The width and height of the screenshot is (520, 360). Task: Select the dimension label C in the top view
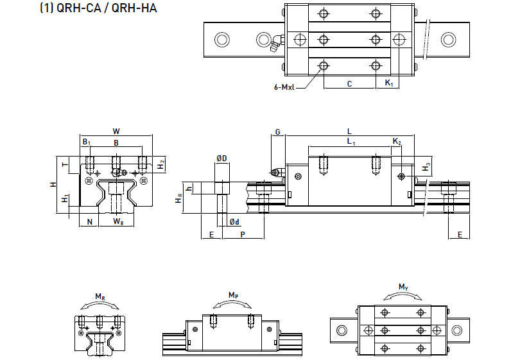(349, 84)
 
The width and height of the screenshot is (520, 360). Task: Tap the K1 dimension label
(389, 84)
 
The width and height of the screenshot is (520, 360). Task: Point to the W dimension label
(116, 131)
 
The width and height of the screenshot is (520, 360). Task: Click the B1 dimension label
(86, 142)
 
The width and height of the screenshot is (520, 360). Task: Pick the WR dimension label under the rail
(118, 221)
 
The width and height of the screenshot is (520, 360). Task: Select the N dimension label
(89, 221)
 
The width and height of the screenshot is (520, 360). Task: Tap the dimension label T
(64, 165)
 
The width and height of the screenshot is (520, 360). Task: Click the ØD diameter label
(222, 157)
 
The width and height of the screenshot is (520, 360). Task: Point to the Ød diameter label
(235, 222)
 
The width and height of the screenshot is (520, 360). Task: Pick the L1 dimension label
(350, 141)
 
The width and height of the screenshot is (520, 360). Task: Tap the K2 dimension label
(397, 141)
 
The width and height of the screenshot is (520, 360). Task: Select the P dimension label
(242, 235)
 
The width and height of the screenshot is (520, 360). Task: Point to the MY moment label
(403, 286)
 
